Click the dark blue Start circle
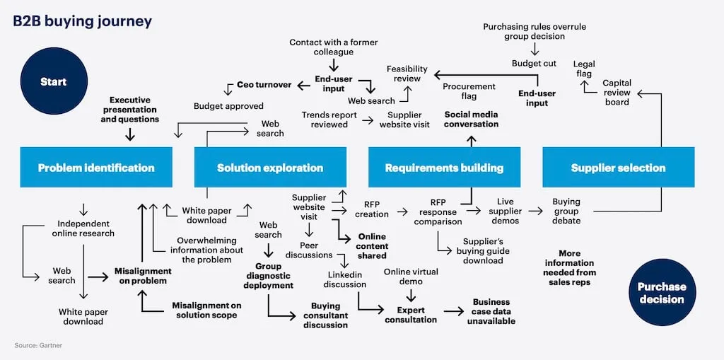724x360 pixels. (54, 81)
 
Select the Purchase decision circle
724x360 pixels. (661, 293)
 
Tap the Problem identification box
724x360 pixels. (96, 168)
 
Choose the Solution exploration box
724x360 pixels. (270, 168)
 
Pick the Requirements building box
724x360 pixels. (444, 168)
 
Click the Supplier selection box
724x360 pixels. (618, 168)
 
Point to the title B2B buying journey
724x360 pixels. (83, 21)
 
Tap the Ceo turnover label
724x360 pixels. (264, 85)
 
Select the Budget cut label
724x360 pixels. (534, 64)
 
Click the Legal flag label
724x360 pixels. (583, 69)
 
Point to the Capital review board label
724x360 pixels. (617, 92)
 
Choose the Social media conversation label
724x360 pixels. (471, 119)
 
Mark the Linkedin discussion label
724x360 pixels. (344, 279)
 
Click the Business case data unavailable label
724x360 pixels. (491, 311)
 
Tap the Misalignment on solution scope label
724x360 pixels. (206, 310)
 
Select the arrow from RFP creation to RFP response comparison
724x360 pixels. (403, 211)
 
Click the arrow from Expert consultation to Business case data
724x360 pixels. (452, 310)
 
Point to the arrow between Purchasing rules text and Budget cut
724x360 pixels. (535, 49)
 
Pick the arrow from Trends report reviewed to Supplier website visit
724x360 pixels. (368, 120)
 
